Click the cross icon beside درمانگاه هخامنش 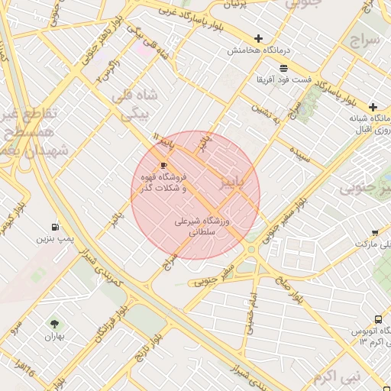258,38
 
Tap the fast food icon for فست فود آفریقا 283,68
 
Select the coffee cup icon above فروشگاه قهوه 163,165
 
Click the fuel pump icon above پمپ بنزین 54,227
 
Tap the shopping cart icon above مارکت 375,233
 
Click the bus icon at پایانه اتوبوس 378,320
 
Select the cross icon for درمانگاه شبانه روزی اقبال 373,107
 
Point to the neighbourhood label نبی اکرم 334,376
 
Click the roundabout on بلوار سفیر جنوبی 251,249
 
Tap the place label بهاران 53,336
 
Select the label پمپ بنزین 54,239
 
